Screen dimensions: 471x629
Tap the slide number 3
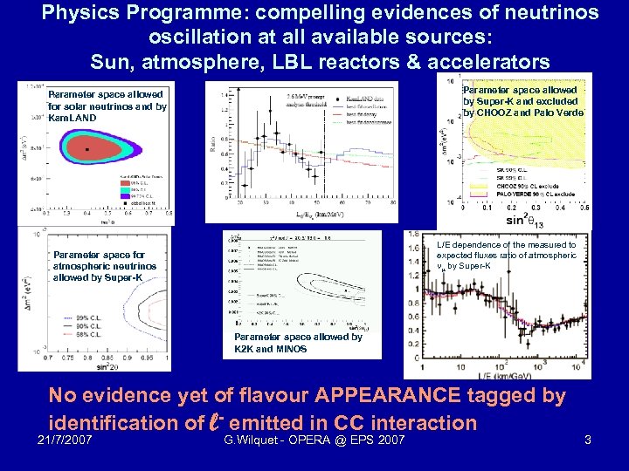[x=587, y=440]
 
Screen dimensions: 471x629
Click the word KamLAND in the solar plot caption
[x=73, y=117]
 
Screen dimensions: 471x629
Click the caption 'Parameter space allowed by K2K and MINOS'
[x=298, y=343]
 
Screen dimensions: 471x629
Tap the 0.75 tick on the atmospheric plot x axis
[x=56, y=358]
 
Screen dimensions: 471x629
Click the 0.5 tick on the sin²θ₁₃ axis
[x=584, y=207]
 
